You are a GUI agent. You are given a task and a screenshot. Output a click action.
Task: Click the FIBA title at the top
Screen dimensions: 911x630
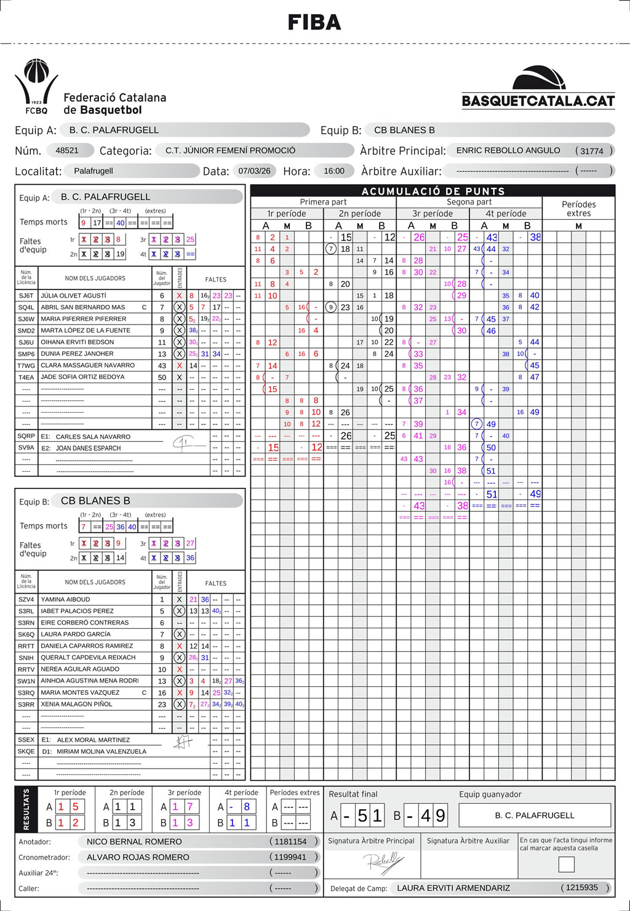[314, 23]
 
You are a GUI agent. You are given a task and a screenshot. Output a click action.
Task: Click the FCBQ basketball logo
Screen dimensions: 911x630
[36, 86]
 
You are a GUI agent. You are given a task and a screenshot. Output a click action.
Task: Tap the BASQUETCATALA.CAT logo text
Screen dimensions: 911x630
[538, 101]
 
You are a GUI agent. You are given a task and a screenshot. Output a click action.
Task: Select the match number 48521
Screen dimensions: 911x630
[67, 150]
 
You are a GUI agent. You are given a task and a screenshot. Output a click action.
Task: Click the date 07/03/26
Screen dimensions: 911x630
[255, 171]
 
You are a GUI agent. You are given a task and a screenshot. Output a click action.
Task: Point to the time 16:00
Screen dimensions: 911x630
[334, 171]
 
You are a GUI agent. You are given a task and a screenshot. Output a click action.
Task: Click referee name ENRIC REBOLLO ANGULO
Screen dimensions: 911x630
[508, 150]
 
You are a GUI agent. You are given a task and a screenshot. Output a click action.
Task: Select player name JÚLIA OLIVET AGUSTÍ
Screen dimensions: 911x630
[73, 296]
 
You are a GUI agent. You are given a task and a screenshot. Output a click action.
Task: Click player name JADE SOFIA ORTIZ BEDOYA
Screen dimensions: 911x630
[82, 377]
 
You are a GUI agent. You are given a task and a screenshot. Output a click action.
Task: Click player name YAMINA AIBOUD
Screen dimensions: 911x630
[65, 599]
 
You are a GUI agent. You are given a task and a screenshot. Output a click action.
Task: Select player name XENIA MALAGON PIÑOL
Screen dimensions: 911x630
[76, 704]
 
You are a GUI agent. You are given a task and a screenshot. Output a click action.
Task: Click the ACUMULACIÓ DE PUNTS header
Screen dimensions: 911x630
[433, 191]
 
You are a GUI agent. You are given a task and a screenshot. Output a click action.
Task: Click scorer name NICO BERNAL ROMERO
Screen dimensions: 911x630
[134, 841]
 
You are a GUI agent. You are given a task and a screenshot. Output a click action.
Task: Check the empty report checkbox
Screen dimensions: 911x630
[566, 864]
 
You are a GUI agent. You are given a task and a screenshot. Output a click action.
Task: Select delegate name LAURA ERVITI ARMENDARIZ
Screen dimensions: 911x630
[453, 888]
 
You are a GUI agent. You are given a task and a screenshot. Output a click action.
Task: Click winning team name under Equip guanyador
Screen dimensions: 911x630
[535, 816]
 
